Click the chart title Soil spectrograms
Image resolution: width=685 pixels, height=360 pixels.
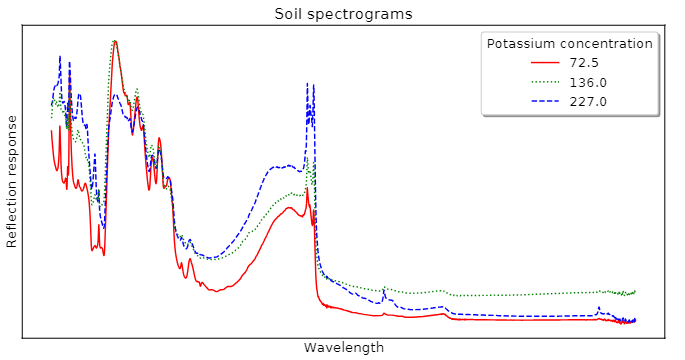(343, 14)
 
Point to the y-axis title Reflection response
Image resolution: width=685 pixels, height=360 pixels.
(13, 181)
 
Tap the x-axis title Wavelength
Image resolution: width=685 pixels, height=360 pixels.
(343, 347)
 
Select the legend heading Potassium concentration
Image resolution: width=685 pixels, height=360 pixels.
(569, 44)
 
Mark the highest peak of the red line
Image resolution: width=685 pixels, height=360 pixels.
(114, 41)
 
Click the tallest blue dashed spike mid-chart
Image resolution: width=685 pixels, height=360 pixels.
(307, 83)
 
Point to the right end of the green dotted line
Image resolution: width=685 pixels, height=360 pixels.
(635, 291)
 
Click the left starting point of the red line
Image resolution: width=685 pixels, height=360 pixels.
(51, 130)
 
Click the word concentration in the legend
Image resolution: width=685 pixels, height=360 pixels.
(607, 44)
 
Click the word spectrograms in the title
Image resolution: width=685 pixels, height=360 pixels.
(361, 14)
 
